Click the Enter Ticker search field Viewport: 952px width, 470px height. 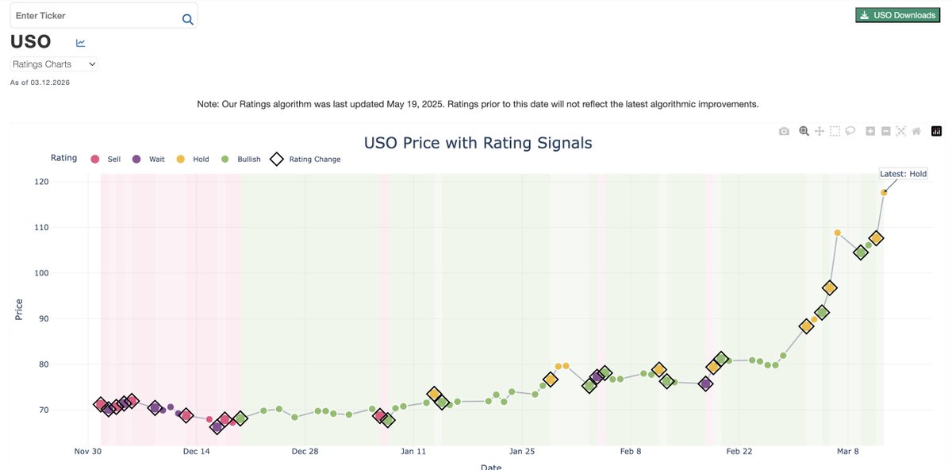tap(95, 16)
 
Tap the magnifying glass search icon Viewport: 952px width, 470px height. tap(187, 19)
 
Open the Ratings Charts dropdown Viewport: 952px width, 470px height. tap(54, 64)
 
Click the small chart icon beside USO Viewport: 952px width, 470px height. tap(81, 43)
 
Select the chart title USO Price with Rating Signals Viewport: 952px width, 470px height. tap(478, 143)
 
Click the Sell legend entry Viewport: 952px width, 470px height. tap(106, 160)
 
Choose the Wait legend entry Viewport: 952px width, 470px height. tap(148, 160)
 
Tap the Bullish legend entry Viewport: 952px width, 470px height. tap(240, 160)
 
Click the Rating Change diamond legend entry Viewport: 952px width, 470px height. tap(306, 160)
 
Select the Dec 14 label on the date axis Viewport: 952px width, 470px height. tap(196, 452)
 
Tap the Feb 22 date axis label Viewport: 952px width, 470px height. tap(739, 452)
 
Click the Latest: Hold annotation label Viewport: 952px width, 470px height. tap(903, 174)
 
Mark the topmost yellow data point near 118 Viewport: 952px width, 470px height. tap(884, 192)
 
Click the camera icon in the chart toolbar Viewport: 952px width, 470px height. tap(784, 131)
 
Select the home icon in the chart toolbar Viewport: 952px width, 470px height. tap(916, 131)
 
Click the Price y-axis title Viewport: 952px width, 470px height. tap(19, 309)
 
